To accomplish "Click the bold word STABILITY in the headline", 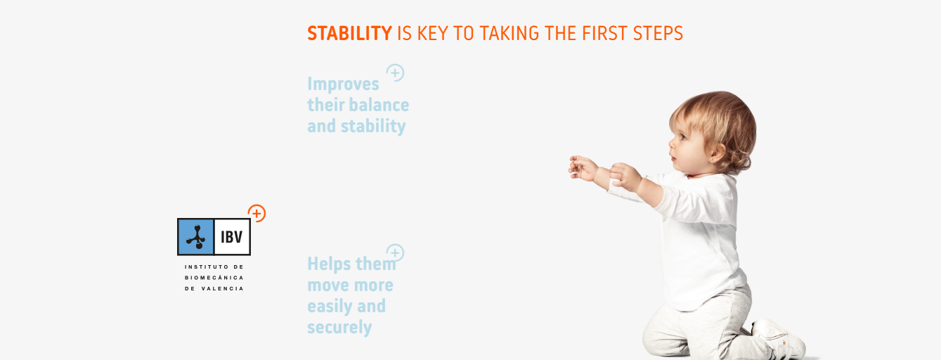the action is click(349, 34).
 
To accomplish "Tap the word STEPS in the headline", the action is click(658, 34).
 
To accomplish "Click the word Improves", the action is click(343, 84).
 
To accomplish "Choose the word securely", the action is click(339, 328).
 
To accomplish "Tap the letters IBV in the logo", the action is click(232, 238).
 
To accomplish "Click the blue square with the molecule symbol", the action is click(196, 237).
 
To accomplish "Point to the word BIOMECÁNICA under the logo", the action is click(214, 278).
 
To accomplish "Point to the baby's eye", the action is click(682, 137).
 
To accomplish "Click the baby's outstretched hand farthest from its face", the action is click(583, 168).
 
